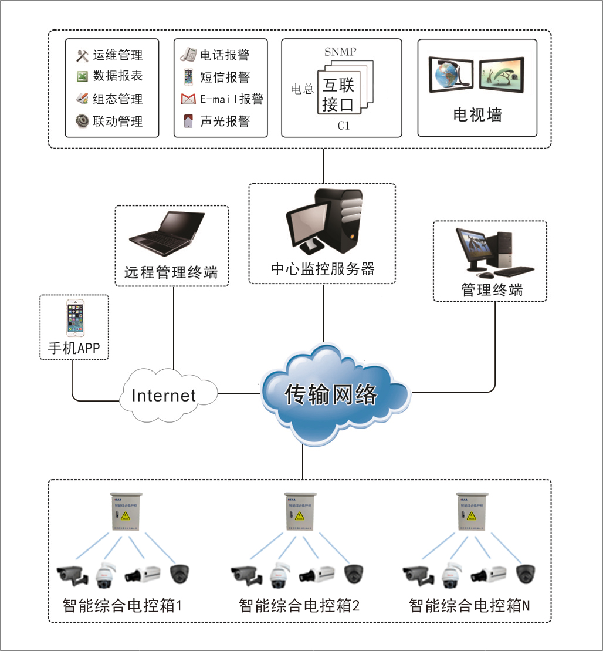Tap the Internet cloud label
pyautogui.click(x=163, y=395)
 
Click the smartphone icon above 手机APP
pyautogui.click(x=73, y=318)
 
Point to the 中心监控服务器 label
pyautogui.click(x=323, y=269)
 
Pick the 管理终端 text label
pyautogui.click(x=492, y=289)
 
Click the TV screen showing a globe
pyautogui.click(x=450, y=73)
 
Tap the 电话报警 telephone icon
pyautogui.click(x=188, y=55)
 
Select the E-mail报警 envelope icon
pyautogui.click(x=188, y=99)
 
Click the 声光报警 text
pyautogui.click(x=225, y=121)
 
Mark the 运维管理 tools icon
pyautogui.click(x=82, y=56)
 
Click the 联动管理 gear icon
pyautogui.click(x=82, y=121)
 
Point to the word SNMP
pyautogui.click(x=340, y=51)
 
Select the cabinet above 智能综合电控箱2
pyautogui.click(x=300, y=511)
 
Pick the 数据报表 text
pyautogui.click(x=118, y=76)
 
